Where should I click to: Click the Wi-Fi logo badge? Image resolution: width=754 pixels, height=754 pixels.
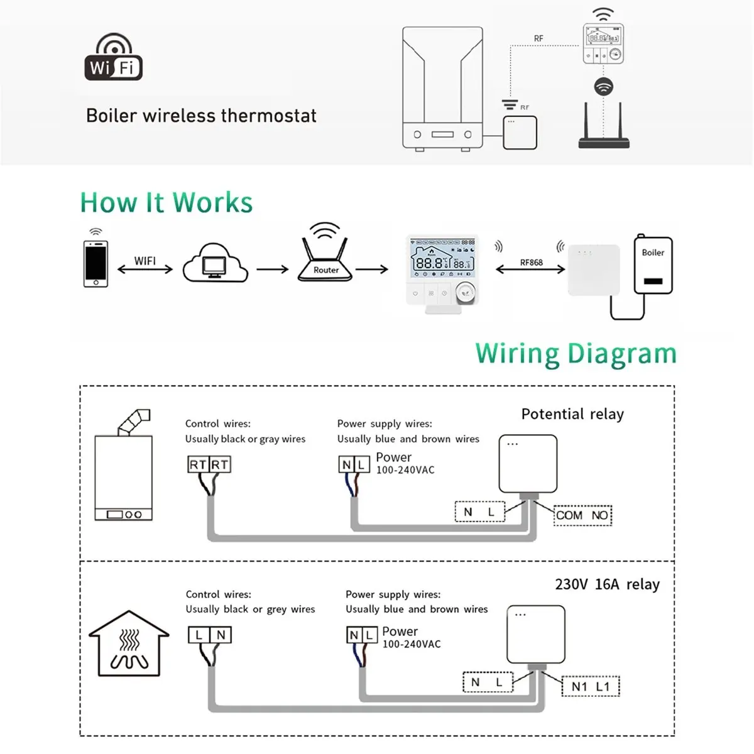click(114, 58)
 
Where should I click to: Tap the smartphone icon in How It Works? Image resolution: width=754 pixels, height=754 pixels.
click(96, 263)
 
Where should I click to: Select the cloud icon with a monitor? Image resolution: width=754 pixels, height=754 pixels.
click(215, 264)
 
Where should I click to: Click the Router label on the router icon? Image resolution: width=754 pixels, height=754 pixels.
click(326, 270)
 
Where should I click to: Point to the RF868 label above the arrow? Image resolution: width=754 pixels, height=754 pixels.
click(531, 262)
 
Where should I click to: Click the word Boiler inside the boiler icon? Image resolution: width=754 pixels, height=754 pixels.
click(653, 253)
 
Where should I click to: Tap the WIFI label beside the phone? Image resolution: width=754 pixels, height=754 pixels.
click(145, 261)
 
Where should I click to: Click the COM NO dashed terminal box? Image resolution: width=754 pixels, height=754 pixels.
click(582, 515)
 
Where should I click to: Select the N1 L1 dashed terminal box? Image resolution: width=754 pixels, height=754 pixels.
click(590, 686)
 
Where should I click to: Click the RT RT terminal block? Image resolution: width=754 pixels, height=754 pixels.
click(209, 465)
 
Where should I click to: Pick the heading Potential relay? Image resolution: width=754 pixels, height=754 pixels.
click(572, 414)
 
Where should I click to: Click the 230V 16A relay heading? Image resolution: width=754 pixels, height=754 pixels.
click(607, 584)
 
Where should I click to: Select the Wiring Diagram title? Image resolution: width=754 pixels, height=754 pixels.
click(576, 354)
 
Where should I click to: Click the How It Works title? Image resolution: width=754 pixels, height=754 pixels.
click(167, 203)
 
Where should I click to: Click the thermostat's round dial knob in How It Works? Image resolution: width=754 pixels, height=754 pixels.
click(465, 289)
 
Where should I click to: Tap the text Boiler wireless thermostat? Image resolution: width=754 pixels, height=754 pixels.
click(201, 116)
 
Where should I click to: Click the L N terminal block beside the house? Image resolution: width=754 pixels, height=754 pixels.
click(210, 635)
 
